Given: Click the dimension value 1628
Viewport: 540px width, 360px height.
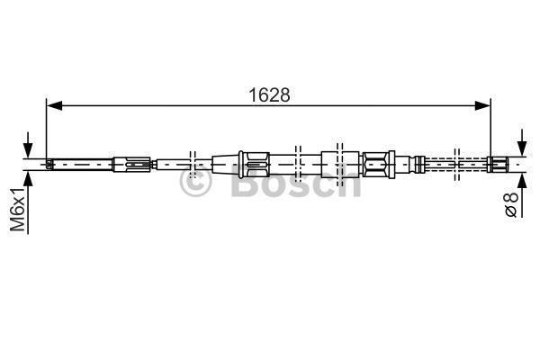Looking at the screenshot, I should click(x=269, y=94).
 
